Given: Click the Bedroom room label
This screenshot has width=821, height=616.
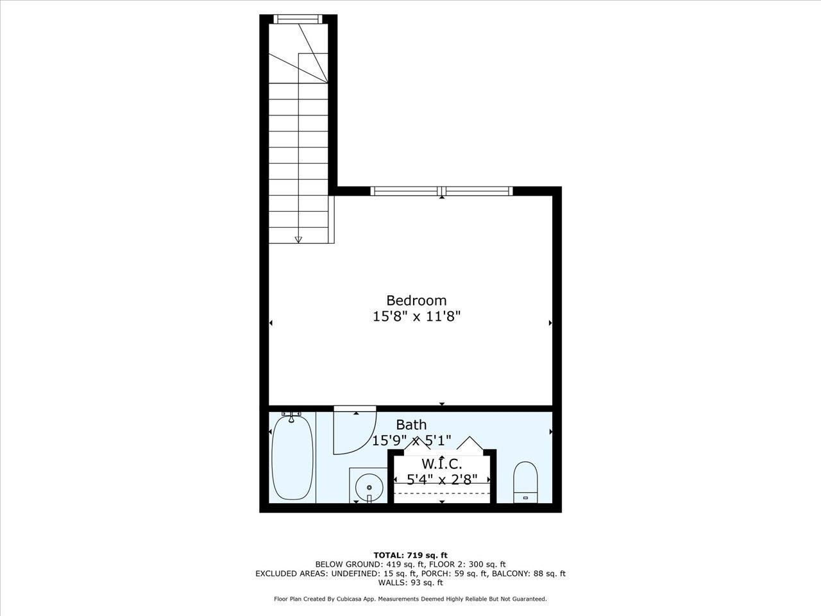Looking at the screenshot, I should (x=416, y=300).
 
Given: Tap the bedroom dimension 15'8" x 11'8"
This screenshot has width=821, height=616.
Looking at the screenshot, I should (x=417, y=316).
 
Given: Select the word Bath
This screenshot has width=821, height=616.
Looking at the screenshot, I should (x=411, y=425).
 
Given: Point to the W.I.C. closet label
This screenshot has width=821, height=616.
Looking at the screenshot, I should (x=441, y=464).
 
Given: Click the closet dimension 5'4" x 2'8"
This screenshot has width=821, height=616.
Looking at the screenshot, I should (x=442, y=479).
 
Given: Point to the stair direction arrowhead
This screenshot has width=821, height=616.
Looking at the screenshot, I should (x=298, y=240).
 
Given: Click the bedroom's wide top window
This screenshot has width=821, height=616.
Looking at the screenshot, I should (x=442, y=191).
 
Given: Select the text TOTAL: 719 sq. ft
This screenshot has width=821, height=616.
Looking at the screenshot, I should (x=410, y=555).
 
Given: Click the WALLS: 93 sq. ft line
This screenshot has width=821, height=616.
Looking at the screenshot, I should (x=410, y=583).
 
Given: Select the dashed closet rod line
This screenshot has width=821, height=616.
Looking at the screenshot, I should (x=442, y=493).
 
